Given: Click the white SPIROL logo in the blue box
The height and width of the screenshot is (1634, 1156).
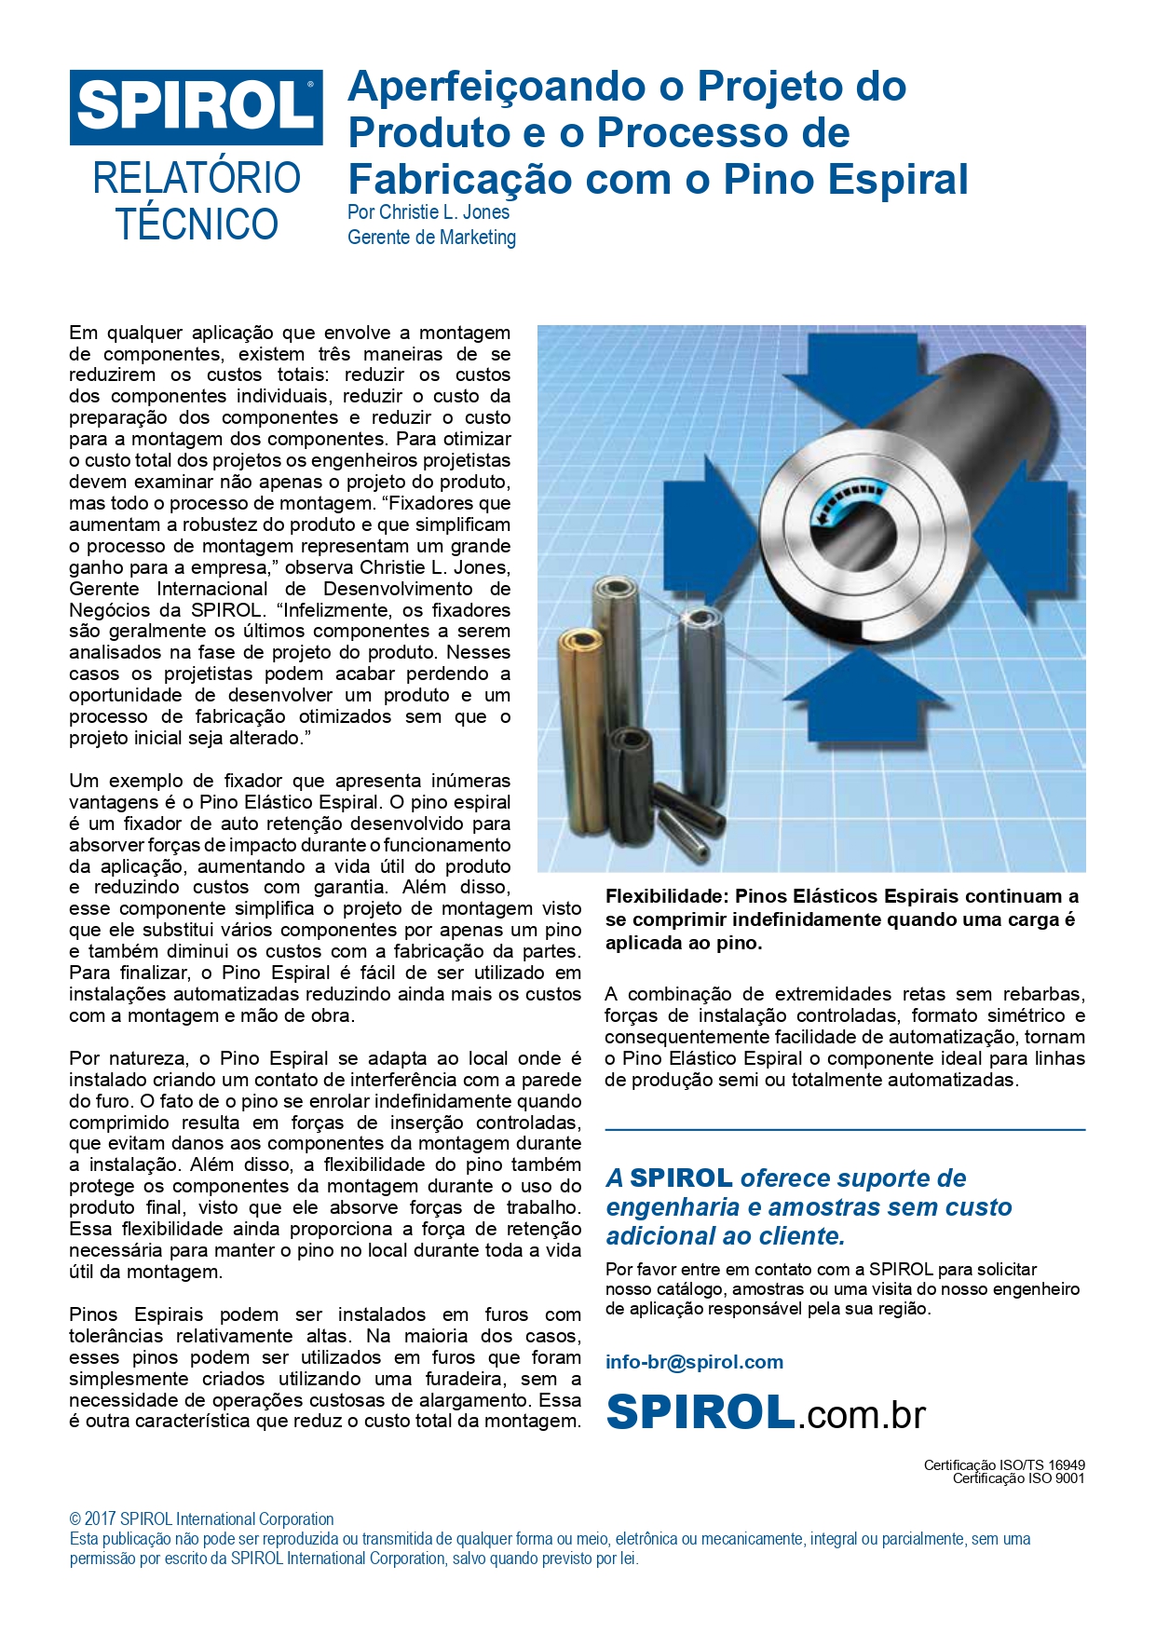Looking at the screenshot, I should coord(196,106).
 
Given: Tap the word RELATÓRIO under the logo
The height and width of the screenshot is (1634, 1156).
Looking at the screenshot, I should coord(196,178).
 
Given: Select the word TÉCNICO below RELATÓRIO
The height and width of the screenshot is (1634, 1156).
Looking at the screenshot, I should coord(197,225).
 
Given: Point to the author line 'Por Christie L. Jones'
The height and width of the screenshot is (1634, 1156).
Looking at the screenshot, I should coord(428,212).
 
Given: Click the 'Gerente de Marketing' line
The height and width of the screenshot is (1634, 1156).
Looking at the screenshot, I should coord(431,238).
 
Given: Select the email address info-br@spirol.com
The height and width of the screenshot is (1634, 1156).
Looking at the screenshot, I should coord(694,1362).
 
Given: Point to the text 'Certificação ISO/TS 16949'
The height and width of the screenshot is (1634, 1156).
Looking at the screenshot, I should coord(1004,1465).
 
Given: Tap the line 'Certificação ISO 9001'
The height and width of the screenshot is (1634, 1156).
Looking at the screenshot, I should coord(1018,1478).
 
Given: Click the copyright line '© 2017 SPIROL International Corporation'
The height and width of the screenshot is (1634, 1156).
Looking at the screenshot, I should coord(201,1519).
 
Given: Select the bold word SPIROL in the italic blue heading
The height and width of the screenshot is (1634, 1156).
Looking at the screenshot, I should coord(681,1178).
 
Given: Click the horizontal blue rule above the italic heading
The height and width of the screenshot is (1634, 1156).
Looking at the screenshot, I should coord(845,1130).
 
